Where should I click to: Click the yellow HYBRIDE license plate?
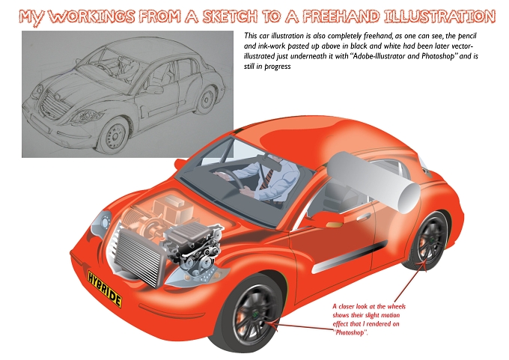[x=105, y=288]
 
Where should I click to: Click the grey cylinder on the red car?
[x=374, y=182]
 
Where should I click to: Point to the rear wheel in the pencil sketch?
[x=207, y=100]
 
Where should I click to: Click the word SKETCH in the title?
[x=230, y=16]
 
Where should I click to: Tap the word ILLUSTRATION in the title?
[x=439, y=16]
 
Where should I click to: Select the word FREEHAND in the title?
[x=341, y=16]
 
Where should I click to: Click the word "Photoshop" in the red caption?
[x=350, y=332]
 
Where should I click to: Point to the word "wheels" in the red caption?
[x=397, y=306]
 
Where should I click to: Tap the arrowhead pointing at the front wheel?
[x=272, y=324]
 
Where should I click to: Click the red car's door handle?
[x=363, y=216]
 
